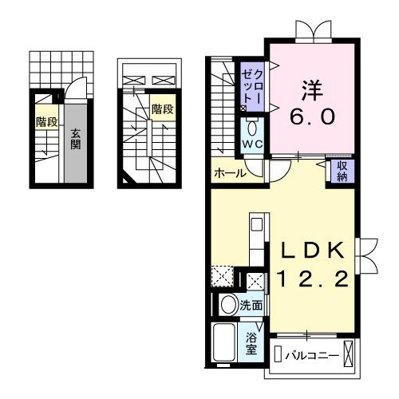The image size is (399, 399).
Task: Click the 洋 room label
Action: click(x=311, y=85)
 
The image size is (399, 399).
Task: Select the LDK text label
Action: click(x=313, y=251)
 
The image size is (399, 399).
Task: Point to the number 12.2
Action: click(x=313, y=279)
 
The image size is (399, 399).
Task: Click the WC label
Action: click(x=253, y=144)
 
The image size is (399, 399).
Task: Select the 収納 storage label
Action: click(x=342, y=171)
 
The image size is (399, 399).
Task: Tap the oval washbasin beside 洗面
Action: click(x=227, y=304)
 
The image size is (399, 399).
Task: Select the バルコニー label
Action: click(x=313, y=354)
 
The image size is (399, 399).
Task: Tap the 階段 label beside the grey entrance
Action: click(x=46, y=123)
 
